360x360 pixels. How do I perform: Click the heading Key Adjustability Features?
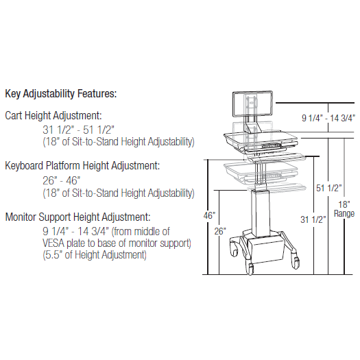(61, 94)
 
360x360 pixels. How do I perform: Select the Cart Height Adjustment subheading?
(53, 115)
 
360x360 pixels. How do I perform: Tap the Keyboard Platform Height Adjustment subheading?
(82, 165)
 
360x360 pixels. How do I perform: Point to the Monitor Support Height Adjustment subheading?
(78, 217)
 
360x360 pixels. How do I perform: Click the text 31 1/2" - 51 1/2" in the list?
(78, 130)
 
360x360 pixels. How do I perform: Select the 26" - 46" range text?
(62, 181)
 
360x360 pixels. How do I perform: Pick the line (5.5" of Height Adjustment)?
(95, 255)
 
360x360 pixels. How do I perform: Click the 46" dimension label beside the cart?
(209, 215)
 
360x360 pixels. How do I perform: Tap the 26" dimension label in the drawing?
(220, 231)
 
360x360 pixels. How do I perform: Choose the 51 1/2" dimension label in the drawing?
(328, 188)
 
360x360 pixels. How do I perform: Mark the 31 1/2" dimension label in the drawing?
(313, 219)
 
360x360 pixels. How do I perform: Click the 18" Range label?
(344, 209)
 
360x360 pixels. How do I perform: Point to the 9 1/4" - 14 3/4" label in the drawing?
(328, 118)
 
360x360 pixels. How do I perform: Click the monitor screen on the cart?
(252, 104)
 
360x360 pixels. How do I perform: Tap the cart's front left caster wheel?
(250, 269)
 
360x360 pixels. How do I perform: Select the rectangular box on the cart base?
(266, 249)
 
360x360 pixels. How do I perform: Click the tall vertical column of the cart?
(260, 214)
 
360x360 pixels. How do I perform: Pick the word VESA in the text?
(53, 243)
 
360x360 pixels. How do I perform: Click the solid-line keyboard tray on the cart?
(277, 158)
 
